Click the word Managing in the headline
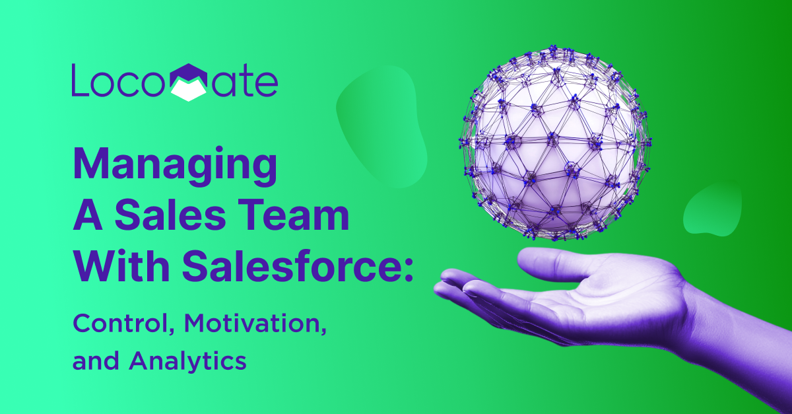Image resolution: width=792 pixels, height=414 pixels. pos(175,166)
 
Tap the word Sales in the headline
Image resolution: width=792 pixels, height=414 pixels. pos(170,215)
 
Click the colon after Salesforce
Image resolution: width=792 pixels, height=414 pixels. pos(409,270)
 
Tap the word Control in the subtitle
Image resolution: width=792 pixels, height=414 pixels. pos(123,324)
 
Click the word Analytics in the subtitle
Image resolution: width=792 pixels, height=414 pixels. pos(187,362)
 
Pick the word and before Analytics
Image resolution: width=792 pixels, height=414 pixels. pos(96,362)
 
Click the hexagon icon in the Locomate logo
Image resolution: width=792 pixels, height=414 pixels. pos(189,83)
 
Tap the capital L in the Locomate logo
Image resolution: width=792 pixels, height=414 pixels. pos(80,80)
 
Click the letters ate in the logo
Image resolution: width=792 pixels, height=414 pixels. pos(245,83)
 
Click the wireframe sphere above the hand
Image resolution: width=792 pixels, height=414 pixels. pos(555,143)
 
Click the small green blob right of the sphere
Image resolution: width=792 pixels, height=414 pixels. pos(712,209)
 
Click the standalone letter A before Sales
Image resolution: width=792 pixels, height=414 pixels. pos(88,215)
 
